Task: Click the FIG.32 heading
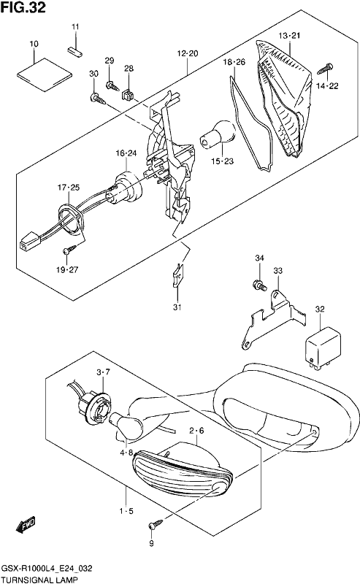click(23, 7)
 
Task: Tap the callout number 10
click(34, 44)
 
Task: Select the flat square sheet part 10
click(45, 74)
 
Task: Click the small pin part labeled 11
click(75, 52)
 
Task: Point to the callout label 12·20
click(188, 53)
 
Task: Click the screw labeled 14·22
click(325, 69)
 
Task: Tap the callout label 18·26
click(234, 62)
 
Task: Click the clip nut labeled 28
click(128, 95)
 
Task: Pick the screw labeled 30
click(98, 99)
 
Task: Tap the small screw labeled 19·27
click(70, 249)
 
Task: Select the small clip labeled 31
click(177, 275)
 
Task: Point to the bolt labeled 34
click(259, 285)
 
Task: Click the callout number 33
click(278, 271)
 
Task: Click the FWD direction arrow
click(26, 524)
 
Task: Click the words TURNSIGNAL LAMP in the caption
click(40, 579)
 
